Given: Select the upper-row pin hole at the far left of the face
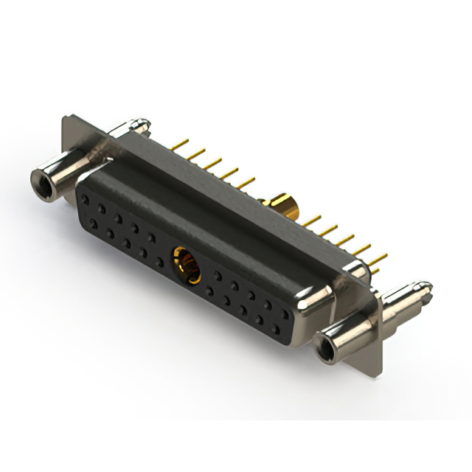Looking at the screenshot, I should click(x=85, y=200).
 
